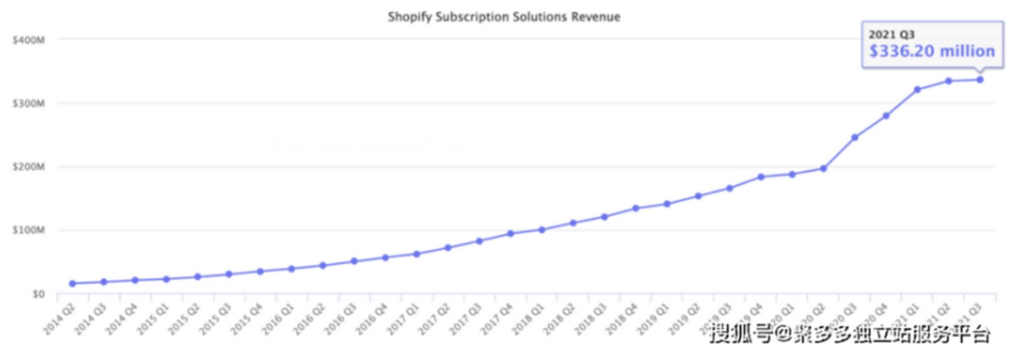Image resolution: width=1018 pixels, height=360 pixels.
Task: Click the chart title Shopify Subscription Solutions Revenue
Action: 504,17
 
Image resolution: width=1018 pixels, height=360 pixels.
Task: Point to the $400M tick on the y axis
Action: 29,40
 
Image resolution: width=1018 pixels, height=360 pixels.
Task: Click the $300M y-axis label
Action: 29,103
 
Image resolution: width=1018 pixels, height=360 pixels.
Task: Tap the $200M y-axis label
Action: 29,167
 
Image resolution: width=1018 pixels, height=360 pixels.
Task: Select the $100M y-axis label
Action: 29,230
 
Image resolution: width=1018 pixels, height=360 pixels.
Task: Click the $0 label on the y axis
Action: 38,294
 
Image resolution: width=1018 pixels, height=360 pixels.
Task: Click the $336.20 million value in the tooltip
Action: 931,51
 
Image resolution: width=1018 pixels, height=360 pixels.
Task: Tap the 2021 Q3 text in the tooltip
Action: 891,35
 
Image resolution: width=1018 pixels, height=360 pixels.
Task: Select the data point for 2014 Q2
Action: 72,284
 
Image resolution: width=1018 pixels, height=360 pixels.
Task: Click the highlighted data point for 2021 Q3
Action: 980,79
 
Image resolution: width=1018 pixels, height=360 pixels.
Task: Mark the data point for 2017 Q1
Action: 417,254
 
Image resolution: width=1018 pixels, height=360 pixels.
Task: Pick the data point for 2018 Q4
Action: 636,208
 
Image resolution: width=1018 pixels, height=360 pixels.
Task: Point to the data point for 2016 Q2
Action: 323,265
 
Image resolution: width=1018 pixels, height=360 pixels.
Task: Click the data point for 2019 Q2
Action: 698,196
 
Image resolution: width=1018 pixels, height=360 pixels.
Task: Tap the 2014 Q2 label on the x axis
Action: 60,319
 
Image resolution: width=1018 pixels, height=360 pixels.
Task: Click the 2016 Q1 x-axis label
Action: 278,319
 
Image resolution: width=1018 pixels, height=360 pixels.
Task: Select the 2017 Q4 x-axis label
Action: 497,319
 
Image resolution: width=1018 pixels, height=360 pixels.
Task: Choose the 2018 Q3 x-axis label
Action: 591,319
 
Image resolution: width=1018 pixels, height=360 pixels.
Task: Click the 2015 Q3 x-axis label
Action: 216,319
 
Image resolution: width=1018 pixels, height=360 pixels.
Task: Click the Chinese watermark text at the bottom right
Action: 850,334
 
